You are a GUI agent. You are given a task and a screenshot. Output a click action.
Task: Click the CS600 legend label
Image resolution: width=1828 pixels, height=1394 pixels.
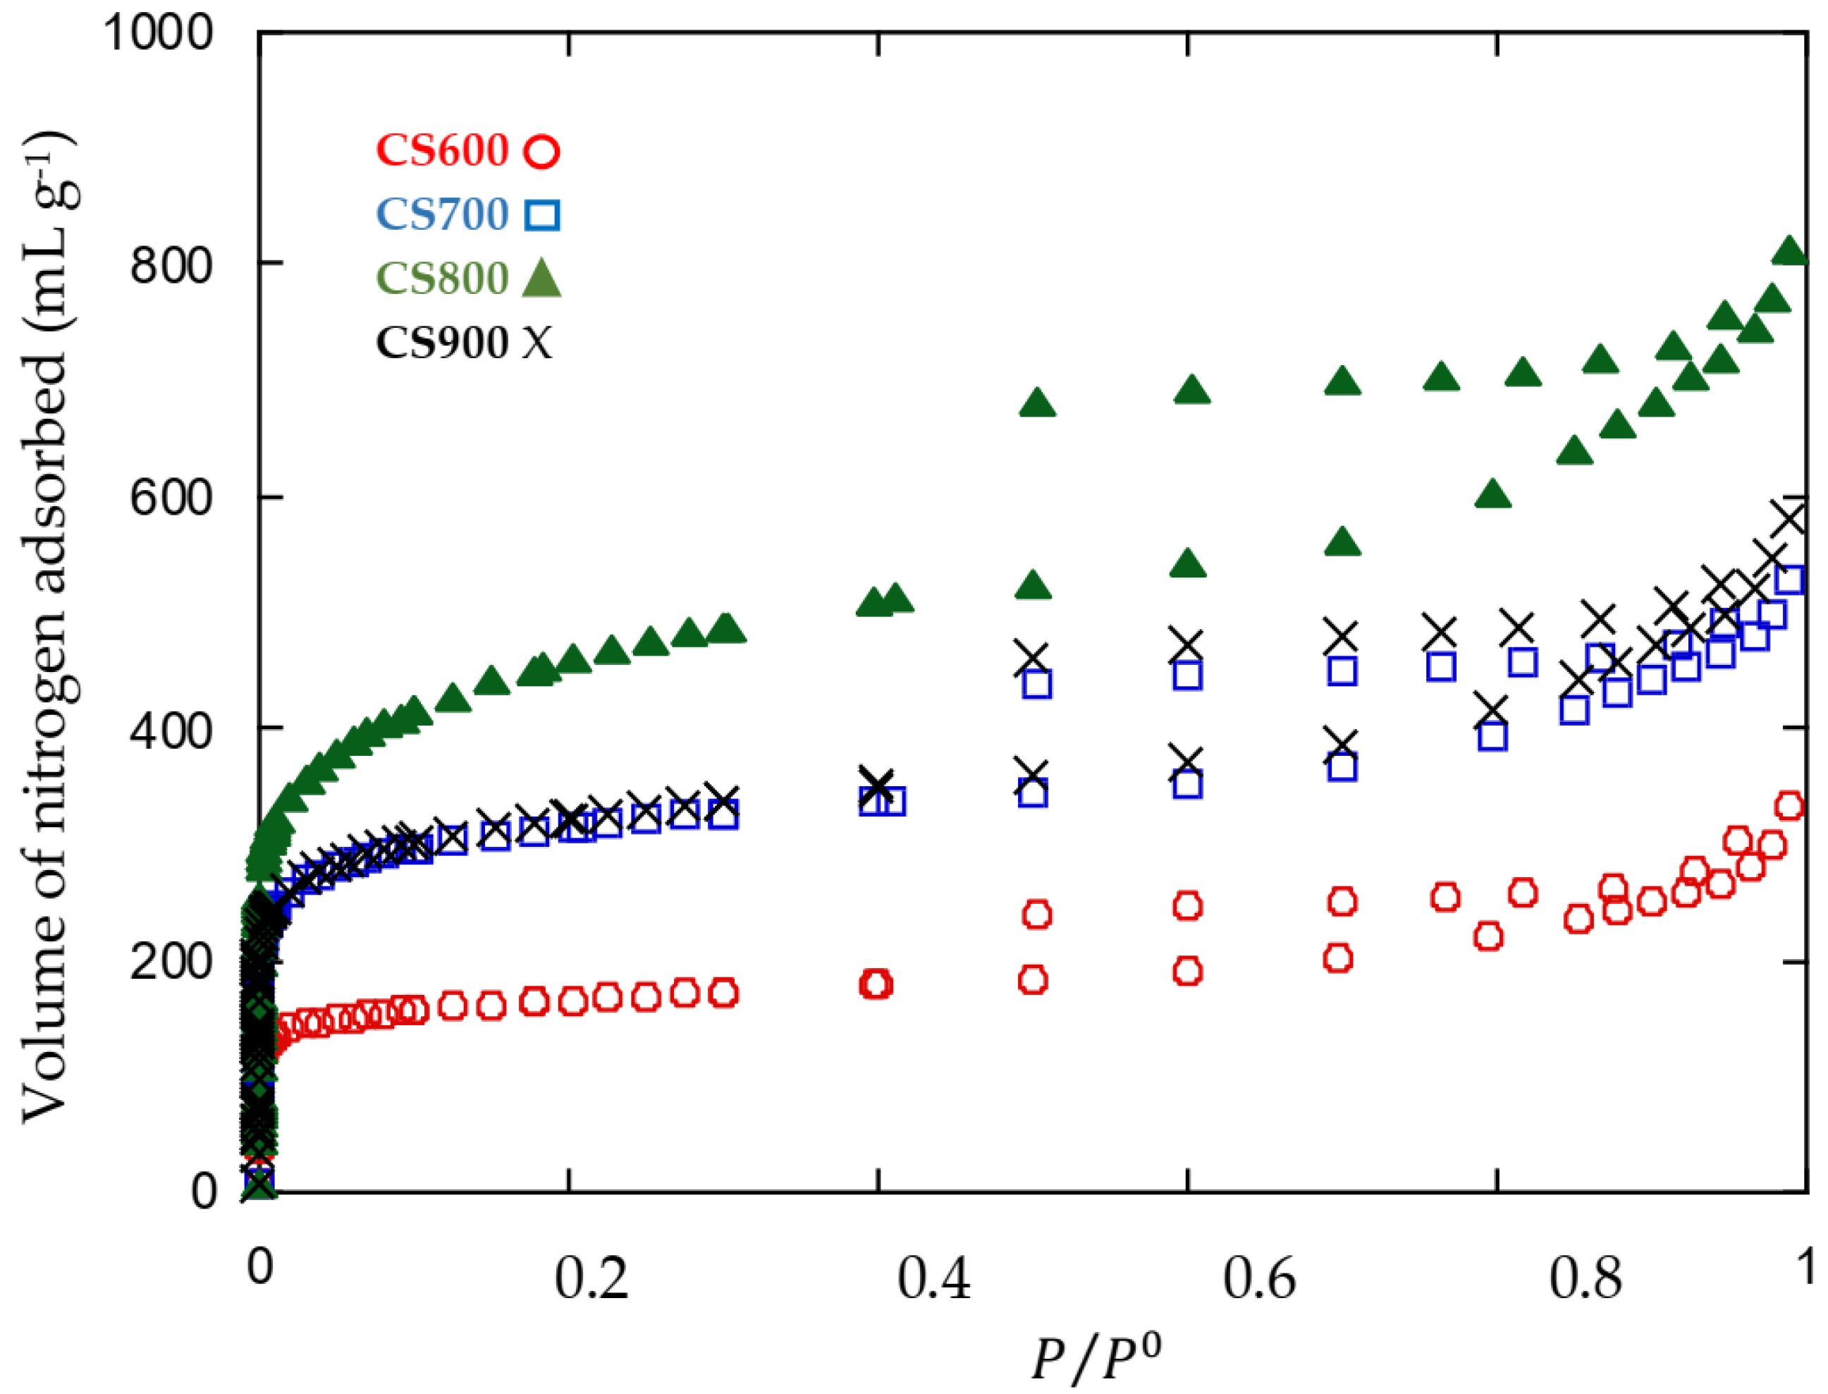[x=442, y=151]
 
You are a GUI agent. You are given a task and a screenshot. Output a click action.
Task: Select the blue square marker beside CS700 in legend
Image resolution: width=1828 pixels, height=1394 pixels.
[x=542, y=215]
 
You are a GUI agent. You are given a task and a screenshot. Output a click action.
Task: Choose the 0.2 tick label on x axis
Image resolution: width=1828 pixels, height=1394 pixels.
[x=591, y=1278]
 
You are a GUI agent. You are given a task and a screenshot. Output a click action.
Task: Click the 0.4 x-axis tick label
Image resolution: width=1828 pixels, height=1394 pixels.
[x=934, y=1278]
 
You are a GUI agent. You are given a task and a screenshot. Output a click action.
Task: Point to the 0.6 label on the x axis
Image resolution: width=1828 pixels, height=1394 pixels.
[x=1259, y=1278]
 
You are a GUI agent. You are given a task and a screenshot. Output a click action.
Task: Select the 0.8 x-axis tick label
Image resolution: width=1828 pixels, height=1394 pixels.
[x=1585, y=1278]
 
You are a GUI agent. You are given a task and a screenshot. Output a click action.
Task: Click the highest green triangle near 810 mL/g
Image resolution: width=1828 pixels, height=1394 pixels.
[x=1789, y=252]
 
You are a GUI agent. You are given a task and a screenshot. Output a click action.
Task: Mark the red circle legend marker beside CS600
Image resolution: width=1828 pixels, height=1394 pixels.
[x=542, y=152]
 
